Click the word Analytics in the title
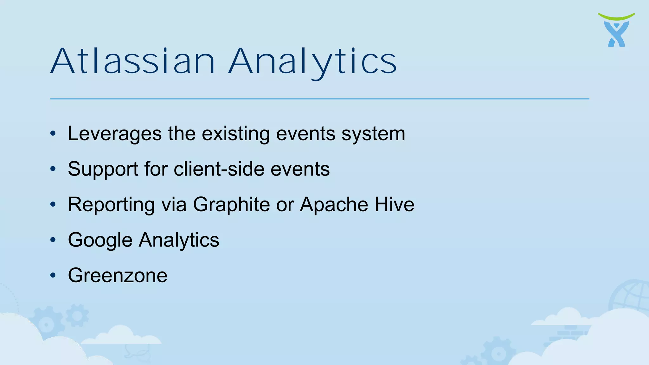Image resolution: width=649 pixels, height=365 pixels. coord(312,61)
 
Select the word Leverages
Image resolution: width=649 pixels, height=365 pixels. coord(115,133)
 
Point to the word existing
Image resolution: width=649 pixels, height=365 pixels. coord(236,133)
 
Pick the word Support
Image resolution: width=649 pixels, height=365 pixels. coord(103,169)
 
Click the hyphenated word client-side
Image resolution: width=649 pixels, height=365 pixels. coord(219,169)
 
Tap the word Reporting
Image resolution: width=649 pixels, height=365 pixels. coord(111,204)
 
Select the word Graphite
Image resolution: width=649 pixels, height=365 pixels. coord(231,204)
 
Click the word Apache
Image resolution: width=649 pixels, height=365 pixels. coord(334,204)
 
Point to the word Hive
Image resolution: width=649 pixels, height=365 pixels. coord(395,204)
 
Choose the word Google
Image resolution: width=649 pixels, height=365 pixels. coord(100,240)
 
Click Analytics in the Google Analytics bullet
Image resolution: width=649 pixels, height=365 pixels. coord(179,240)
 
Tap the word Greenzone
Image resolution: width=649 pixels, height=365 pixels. coord(118,275)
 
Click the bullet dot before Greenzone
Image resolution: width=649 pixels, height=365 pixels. coord(53,275)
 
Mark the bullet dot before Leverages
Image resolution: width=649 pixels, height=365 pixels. coord(53,133)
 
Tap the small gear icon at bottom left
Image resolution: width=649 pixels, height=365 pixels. coord(77,315)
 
